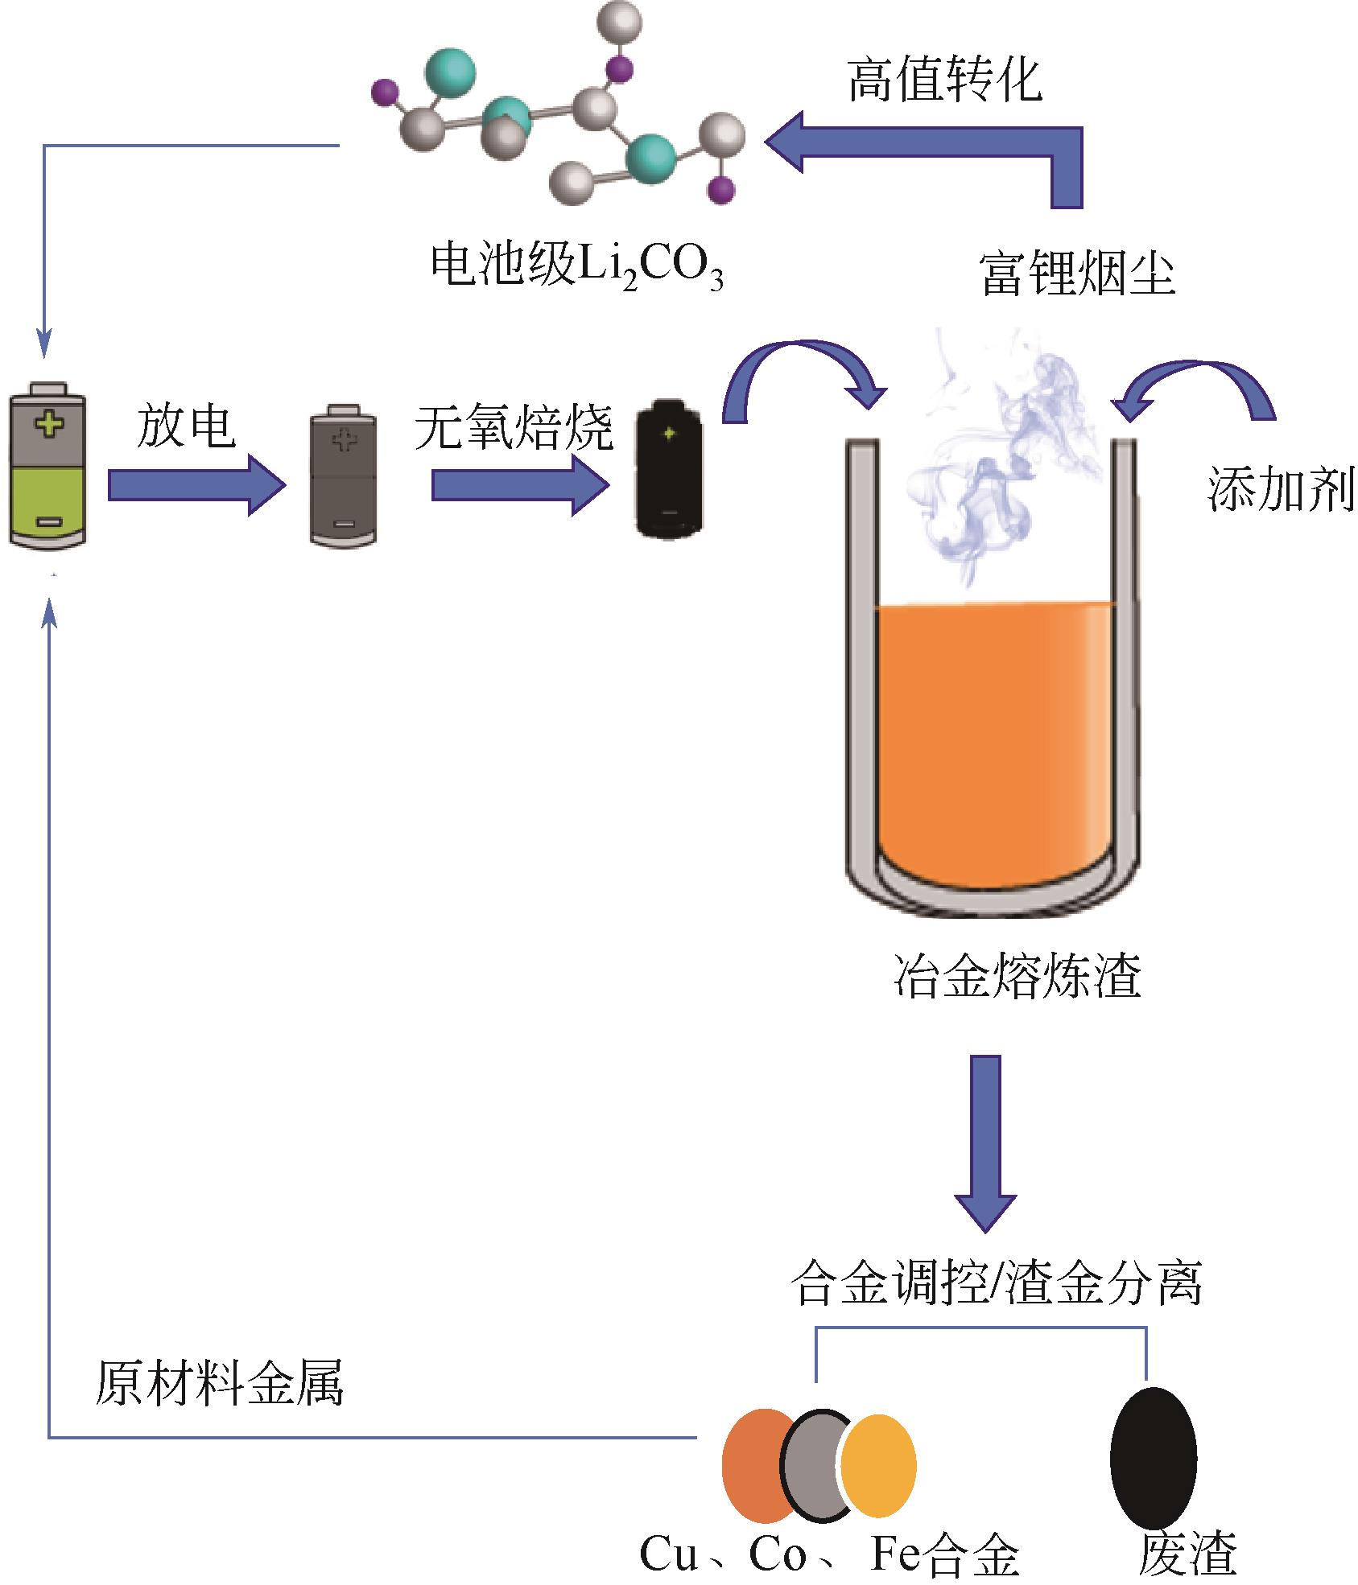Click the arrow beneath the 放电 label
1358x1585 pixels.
pos(196,484)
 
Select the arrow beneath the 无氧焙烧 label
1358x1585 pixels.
pos(520,484)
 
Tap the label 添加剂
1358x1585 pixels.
pos(1280,489)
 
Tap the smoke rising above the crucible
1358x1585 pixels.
pos(998,467)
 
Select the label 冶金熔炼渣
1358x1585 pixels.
pos(1017,975)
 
